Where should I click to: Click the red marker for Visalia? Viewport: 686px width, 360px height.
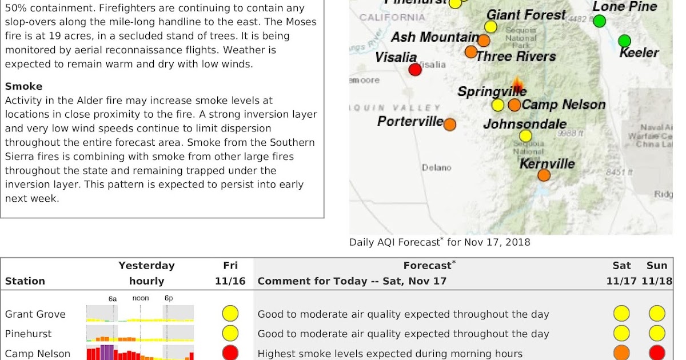[415, 70]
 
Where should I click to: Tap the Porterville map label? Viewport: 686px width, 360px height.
[410, 121]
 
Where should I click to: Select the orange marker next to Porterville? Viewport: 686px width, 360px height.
[450, 124]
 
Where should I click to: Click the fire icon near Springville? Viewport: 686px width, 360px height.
[518, 87]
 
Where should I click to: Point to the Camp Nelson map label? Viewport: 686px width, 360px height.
[563, 105]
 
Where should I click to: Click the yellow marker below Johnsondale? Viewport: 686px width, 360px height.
[525, 136]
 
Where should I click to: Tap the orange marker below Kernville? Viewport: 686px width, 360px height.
[544, 175]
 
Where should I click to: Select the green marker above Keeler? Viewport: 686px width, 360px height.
[624, 41]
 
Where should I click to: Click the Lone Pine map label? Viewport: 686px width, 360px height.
[625, 7]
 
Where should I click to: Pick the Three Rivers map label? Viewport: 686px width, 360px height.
[516, 57]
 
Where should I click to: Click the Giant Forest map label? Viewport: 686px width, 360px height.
[526, 15]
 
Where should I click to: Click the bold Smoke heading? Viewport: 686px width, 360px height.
[23, 86]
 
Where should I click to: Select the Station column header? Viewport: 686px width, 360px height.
[25, 281]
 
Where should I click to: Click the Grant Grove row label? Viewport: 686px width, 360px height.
[35, 314]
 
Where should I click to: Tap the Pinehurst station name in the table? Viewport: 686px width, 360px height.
[28, 334]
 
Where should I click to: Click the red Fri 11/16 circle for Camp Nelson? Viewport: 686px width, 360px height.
[230, 353]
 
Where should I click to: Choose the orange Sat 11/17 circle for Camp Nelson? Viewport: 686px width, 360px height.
[621, 353]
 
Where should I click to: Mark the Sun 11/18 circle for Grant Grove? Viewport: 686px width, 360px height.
[657, 314]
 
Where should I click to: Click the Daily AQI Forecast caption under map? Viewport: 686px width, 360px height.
[440, 242]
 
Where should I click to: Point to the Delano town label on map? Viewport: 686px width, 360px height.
[436, 167]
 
